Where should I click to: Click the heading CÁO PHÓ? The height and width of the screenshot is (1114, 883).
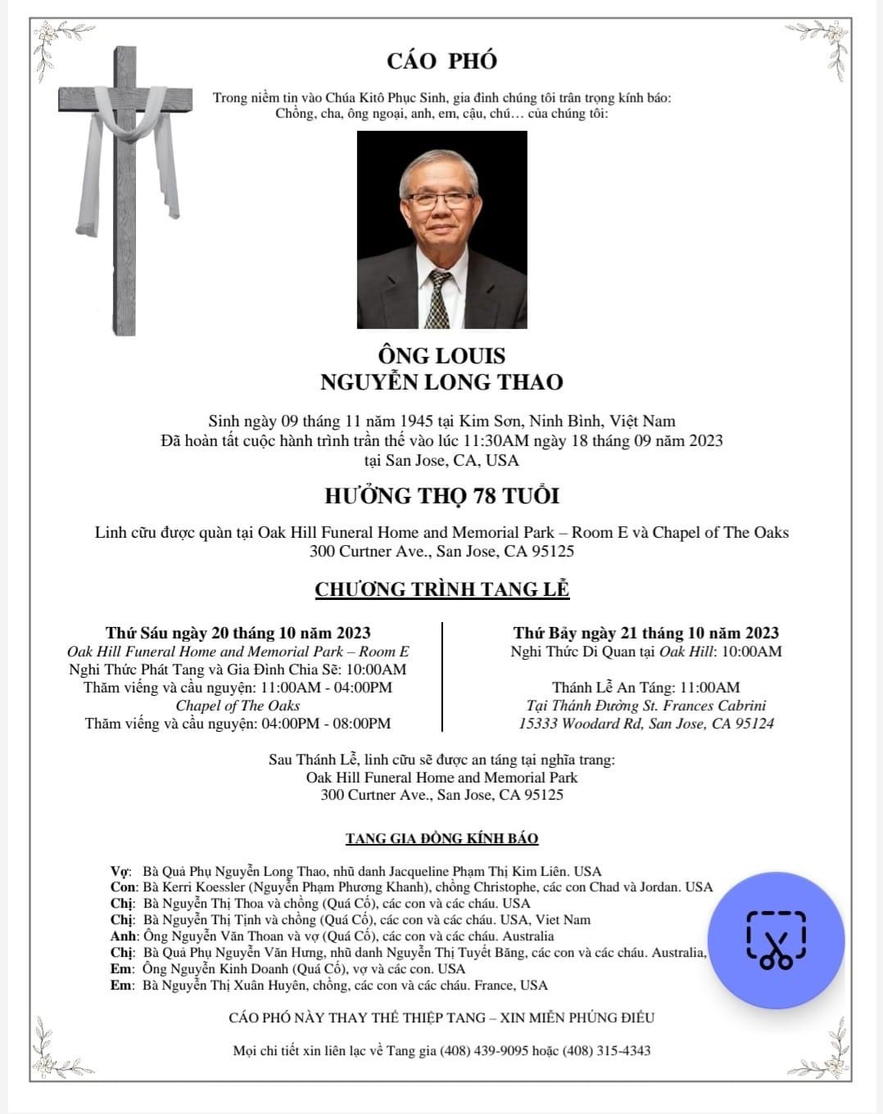(x=441, y=61)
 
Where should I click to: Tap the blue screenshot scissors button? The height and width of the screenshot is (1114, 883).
(x=775, y=940)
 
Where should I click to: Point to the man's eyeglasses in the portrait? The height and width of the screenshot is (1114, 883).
(x=441, y=199)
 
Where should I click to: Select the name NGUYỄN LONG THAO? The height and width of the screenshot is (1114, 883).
(x=441, y=382)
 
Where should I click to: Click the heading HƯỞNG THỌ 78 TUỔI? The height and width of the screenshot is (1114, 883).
(x=441, y=496)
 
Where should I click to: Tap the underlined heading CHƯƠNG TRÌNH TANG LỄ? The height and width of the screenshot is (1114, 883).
(x=441, y=589)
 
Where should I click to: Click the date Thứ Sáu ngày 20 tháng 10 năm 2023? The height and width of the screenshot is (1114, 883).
(x=238, y=633)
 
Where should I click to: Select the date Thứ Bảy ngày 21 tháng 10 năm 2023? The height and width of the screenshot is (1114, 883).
(x=645, y=633)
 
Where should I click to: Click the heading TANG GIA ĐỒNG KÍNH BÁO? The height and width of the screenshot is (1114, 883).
(x=441, y=838)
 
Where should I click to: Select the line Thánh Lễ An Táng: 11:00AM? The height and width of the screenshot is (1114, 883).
(x=645, y=688)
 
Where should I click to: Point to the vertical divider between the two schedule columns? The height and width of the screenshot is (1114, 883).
(x=442, y=676)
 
